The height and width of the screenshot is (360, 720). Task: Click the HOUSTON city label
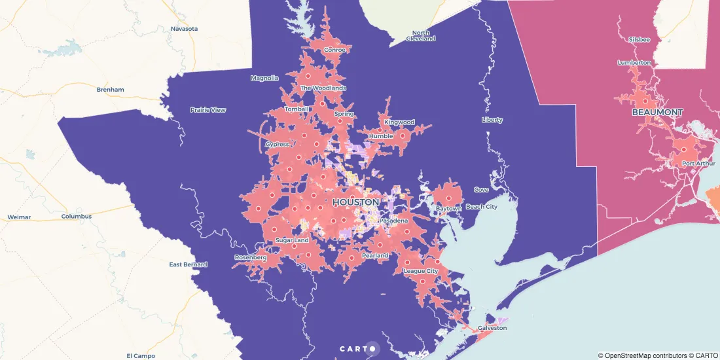coord(355,202)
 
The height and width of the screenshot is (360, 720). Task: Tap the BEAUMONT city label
coord(657,113)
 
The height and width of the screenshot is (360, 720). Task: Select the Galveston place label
coord(492,328)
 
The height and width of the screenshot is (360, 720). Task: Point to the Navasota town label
coord(184,29)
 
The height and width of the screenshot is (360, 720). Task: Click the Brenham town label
coord(110,89)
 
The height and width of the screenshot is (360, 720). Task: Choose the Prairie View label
coord(207,110)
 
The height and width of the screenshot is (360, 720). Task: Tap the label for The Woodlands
coord(323,88)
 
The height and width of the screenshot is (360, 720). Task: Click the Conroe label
coord(334,50)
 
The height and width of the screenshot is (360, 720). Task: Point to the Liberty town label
coord(492,120)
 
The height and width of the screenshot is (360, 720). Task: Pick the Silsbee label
coord(639,39)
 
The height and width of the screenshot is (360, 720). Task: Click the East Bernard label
coord(188,264)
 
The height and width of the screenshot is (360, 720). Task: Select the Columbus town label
coord(77,216)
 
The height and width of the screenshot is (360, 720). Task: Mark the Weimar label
coord(19,217)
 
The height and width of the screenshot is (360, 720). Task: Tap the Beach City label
coord(482,207)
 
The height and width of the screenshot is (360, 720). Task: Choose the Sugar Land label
coord(292,240)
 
